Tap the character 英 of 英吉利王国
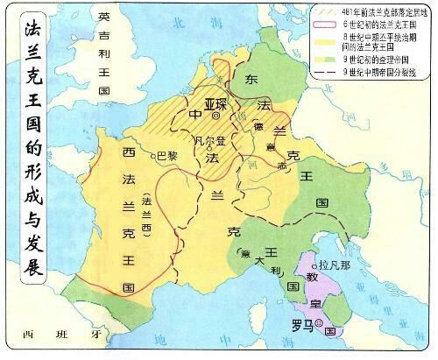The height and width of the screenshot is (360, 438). coord(104,18)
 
